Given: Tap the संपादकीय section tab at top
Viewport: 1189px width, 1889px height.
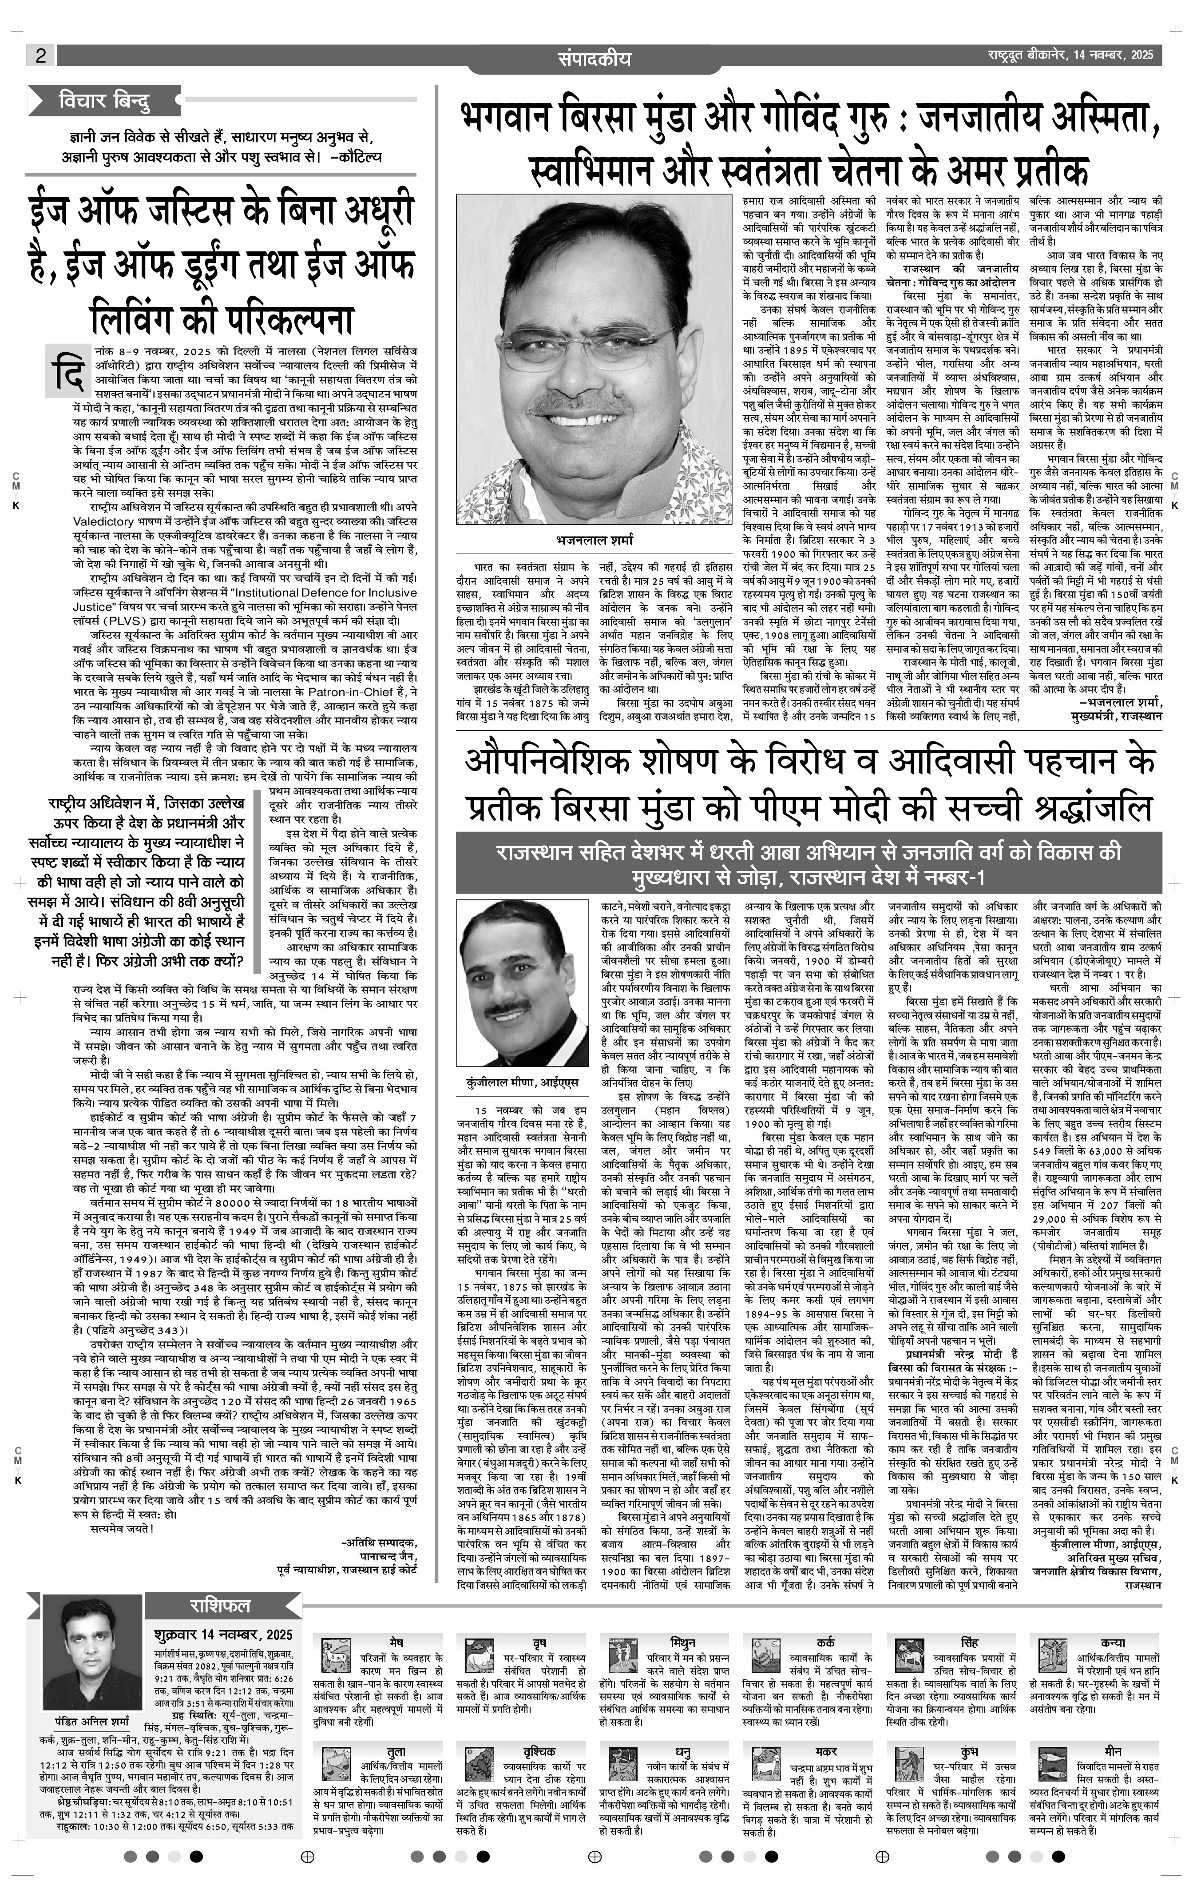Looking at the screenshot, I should pos(594,58).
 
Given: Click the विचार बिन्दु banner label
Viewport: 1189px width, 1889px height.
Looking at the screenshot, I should pos(103,100).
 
